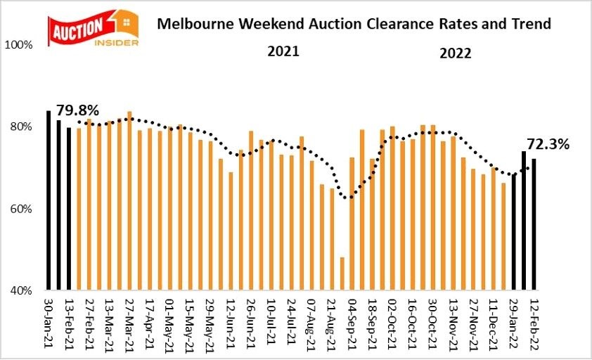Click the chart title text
click(x=354, y=24)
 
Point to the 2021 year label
click(x=283, y=52)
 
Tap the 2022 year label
click(x=455, y=53)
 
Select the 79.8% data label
click(x=77, y=110)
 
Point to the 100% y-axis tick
click(x=19, y=45)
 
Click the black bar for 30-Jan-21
click(x=49, y=200)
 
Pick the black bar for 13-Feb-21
click(x=69, y=209)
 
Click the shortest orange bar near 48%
click(x=342, y=274)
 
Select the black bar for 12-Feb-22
click(x=534, y=224)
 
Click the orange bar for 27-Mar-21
click(x=129, y=200)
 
